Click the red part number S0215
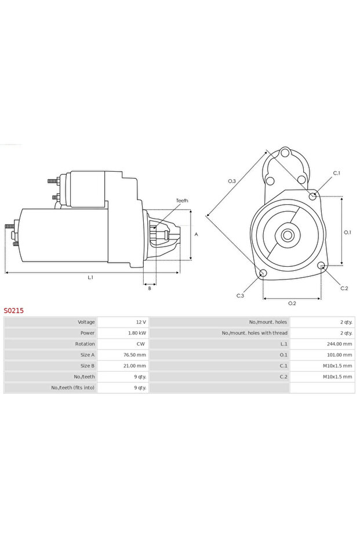14,311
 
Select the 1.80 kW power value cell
137,333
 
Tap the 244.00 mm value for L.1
339,344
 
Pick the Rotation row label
85,344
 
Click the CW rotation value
141,344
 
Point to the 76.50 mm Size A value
134,355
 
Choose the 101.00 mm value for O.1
339,355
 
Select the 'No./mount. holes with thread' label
254,333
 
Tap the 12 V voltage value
141,322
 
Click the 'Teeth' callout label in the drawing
182,201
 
